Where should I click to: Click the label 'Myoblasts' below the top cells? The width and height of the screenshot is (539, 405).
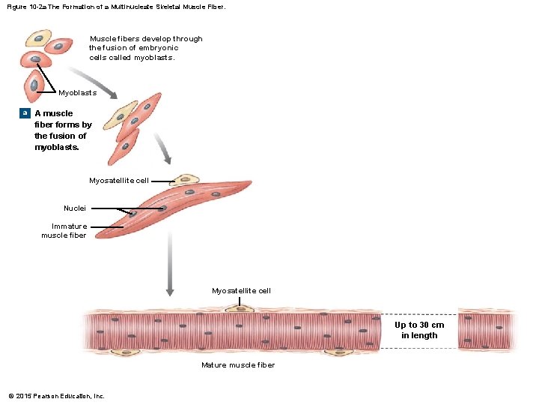click(77, 93)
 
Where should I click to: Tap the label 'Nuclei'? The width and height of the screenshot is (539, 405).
click(75, 208)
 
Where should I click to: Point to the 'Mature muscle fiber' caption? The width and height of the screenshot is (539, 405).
click(238, 365)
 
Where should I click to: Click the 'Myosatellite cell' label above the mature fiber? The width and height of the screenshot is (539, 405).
click(241, 290)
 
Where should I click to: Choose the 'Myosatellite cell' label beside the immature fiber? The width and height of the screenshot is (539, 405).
click(119, 181)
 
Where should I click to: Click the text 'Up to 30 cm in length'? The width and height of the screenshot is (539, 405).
click(419, 330)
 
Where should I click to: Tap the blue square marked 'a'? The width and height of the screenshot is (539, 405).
click(24, 113)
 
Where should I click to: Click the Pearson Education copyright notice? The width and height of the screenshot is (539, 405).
click(56, 396)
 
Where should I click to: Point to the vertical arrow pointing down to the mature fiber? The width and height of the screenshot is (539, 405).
click(170, 262)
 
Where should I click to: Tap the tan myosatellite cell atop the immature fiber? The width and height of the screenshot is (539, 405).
click(184, 179)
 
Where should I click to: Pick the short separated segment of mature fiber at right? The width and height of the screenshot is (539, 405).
click(487, 330)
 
